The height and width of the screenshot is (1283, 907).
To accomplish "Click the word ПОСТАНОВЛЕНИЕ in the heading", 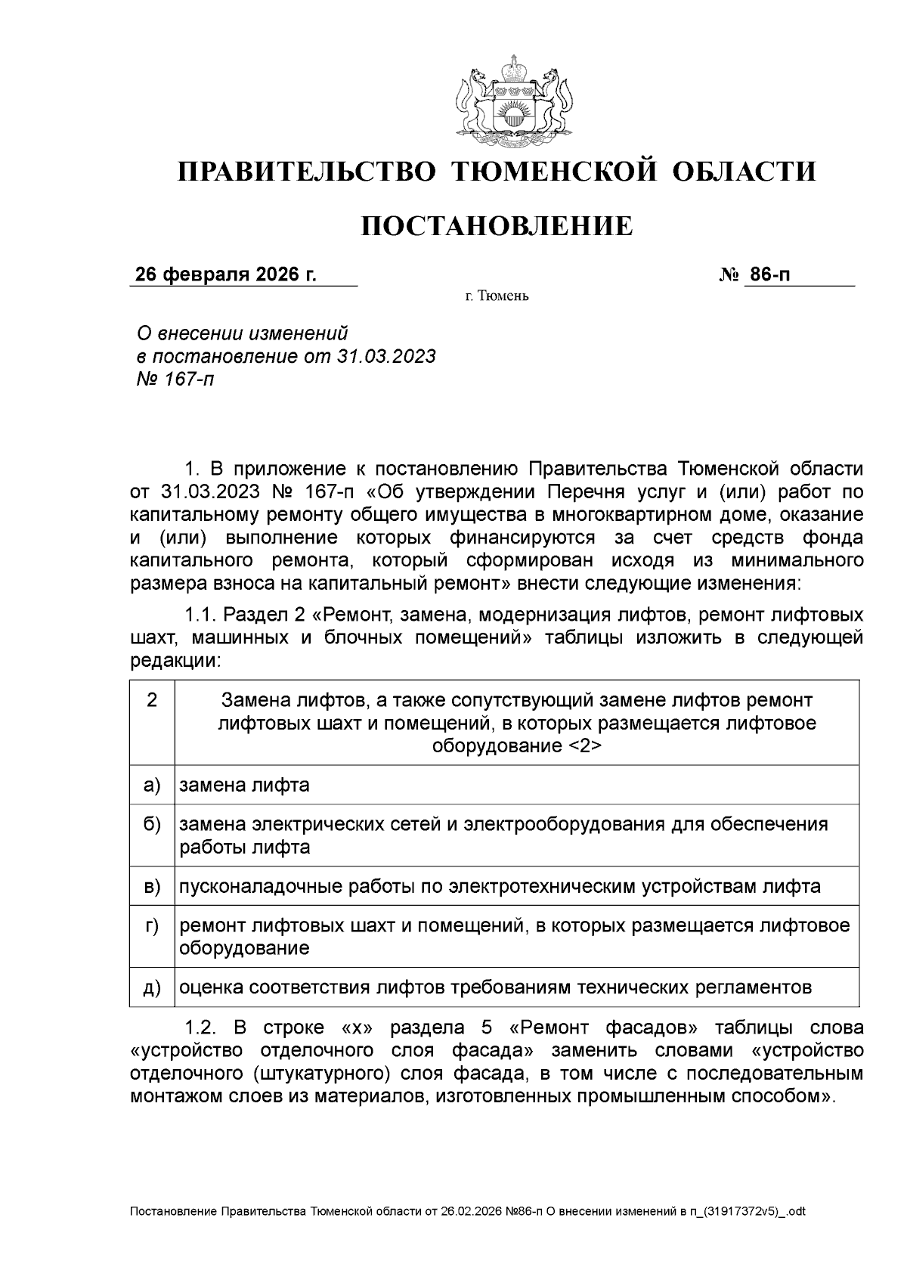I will tap(497, 226).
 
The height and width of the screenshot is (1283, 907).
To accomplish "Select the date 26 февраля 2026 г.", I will tap(225, 274).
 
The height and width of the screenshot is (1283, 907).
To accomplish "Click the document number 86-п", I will tap(768, 274).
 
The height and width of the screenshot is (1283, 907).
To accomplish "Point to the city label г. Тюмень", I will tap(497, 296).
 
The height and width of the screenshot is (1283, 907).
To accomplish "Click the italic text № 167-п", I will tap(175, 379).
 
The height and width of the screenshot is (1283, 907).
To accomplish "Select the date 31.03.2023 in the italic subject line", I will tap(385, 356).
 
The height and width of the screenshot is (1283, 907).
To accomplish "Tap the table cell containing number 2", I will tap(152, 700).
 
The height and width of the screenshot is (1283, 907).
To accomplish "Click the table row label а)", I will tap(152, 785).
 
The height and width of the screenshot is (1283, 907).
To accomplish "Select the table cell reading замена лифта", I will tap(244, 785).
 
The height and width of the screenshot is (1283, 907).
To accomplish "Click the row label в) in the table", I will tap(152, 886).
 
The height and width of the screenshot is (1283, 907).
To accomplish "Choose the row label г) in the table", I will tap(152, 925).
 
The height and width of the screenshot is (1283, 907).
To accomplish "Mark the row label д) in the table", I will tap(152, 987).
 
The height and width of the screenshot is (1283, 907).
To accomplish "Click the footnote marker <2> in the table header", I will tap(583, 746).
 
